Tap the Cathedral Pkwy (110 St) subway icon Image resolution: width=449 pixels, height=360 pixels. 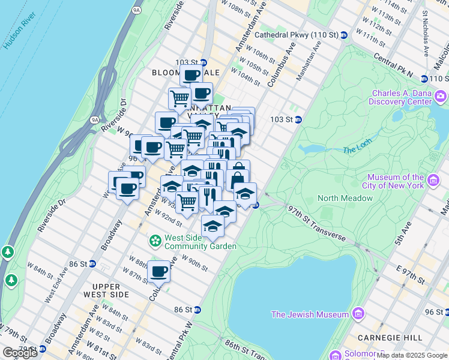click(x=344, y=35)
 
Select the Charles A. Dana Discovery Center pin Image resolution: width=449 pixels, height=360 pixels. click(x=441, y=97)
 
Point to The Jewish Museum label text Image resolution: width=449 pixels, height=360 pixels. click(x=310, y=314)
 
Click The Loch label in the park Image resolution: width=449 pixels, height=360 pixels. click(x=357, y=150)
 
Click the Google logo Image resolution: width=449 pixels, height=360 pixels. click(x=20, y=353)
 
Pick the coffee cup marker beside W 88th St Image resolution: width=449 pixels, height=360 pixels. click(x=159, y=272)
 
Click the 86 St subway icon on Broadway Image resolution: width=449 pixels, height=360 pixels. click(x=92, y=263)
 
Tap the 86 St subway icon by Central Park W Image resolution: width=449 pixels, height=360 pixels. click(x=197, y=310)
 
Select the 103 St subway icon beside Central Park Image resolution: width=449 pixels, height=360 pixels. click(x=298, y=119)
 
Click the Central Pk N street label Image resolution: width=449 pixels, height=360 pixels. click(x=393, y=65)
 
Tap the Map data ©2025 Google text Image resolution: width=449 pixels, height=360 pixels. click(x=412, y=355)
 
